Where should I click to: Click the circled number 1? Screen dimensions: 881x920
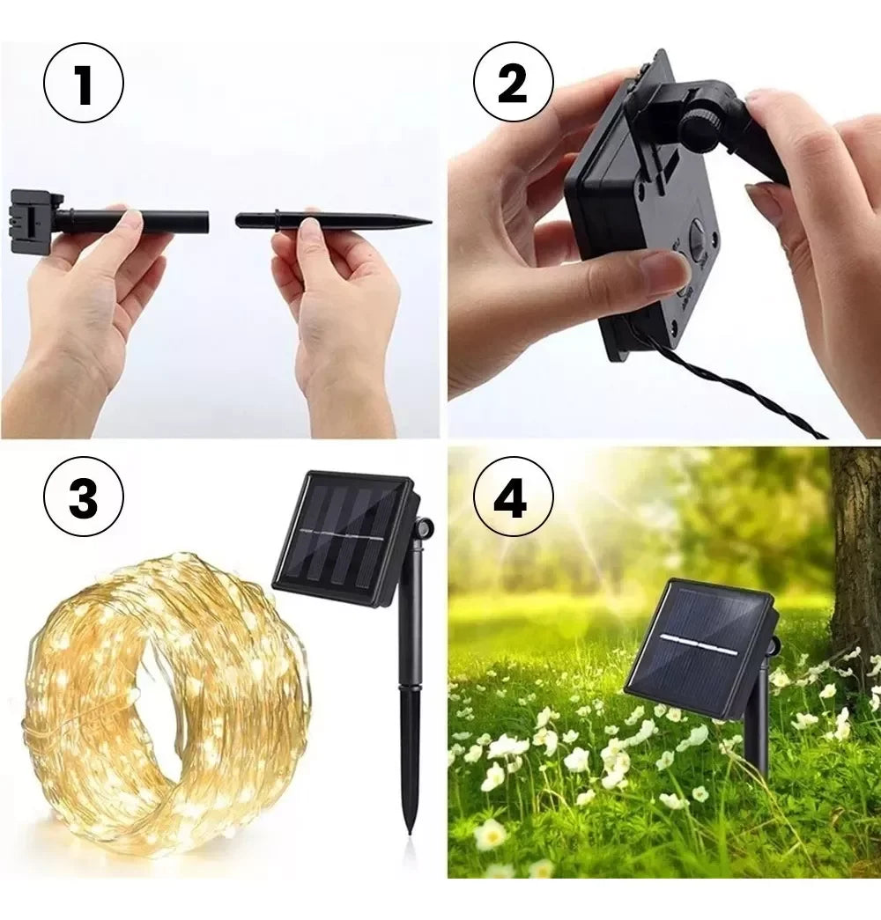point(84,84)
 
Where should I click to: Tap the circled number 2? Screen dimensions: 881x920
point(514,84)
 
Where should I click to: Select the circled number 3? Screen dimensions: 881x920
point(84,498)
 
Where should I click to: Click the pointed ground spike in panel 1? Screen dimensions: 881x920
point(334,221)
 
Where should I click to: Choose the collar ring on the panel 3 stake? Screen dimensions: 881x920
point(411,687)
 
